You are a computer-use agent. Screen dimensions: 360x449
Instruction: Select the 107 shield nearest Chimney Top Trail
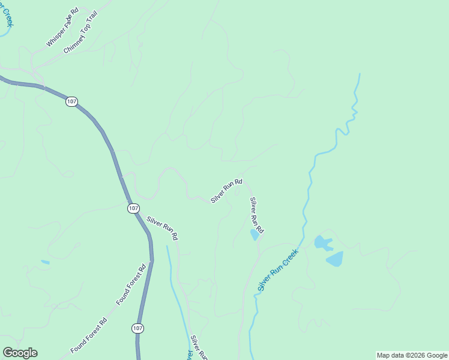click(x=71, y=102)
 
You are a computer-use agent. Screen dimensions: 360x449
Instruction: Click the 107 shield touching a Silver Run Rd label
click(x=133, y=208)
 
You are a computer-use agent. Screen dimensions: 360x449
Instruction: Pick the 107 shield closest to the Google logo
click(x=137, y=328)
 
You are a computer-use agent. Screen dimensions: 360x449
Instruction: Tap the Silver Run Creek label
click(x=278, y=271)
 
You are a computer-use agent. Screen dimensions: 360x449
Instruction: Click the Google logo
click(x=20, y=353)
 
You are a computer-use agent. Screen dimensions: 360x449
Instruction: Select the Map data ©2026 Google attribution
click(x=412, y=355)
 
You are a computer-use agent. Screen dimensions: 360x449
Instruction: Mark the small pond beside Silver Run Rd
click(x=255, y=235)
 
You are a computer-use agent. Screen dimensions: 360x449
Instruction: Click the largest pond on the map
click(x=334, y=259)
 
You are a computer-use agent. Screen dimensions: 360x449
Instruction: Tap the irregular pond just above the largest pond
click(x=323, y=242)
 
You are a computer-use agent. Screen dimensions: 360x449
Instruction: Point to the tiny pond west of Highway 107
click(x=45, y=262)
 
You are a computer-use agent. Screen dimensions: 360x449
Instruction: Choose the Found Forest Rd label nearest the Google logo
click(x=88, y=335)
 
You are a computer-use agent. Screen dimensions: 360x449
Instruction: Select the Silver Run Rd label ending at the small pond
click(x=257, y=215)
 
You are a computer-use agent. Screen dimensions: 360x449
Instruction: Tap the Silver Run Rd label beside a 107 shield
click(x=162, y=229)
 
